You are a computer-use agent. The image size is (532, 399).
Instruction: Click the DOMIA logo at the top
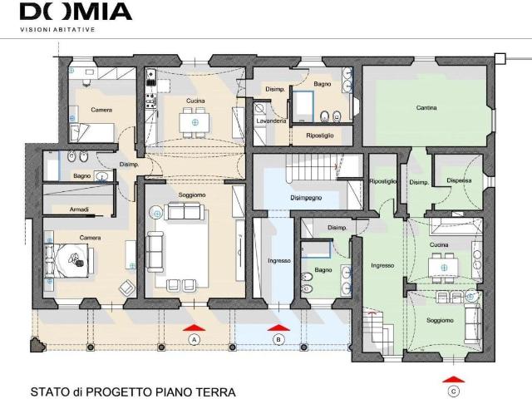pyautogui.click(x=76, y=12)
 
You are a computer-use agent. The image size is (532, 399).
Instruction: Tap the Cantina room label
pyautogui.click(x=426, y=107)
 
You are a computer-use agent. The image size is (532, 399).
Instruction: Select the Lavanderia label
pyautogui.click(x=271, y=121)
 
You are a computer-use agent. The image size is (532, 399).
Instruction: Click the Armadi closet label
pyautogui.click(x=79, y=209)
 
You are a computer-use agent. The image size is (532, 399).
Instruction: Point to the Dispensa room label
pyautogui.click(x=459, y=180)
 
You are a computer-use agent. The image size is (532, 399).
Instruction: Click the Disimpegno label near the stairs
pyautogui.click(x=306, y=198)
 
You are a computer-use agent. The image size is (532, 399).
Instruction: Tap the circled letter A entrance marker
pyautogui.click(x=194, y=340)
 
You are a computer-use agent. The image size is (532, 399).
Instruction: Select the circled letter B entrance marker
pyautogui.click(x=278, y=340)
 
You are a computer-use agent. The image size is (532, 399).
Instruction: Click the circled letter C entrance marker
pyautogui.click(x=454, y=392)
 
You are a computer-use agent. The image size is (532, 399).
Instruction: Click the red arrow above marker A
pyautogui.click(x=194, y=328)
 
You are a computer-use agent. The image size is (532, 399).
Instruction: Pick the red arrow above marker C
pyautogui.click(x=454, y=379)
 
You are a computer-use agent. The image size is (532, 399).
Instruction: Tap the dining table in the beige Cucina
pyautogui.click(x=195, y=122)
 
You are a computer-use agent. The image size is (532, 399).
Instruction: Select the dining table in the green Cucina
pyautogui.click(x=444, y=268)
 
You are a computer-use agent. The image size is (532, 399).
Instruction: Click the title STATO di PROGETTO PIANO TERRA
pyautogui.click(x=133, y=392)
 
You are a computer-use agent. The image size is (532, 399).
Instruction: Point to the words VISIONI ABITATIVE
pyautogui.click(x=57, y=30)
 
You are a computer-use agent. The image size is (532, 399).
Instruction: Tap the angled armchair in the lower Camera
pyautogui.click(x=127, y=288)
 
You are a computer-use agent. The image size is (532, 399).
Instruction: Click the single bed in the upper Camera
pyautogui.click(x=91, y=133)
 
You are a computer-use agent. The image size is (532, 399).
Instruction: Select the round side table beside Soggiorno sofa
pyautogui.click(x=156, y=213)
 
